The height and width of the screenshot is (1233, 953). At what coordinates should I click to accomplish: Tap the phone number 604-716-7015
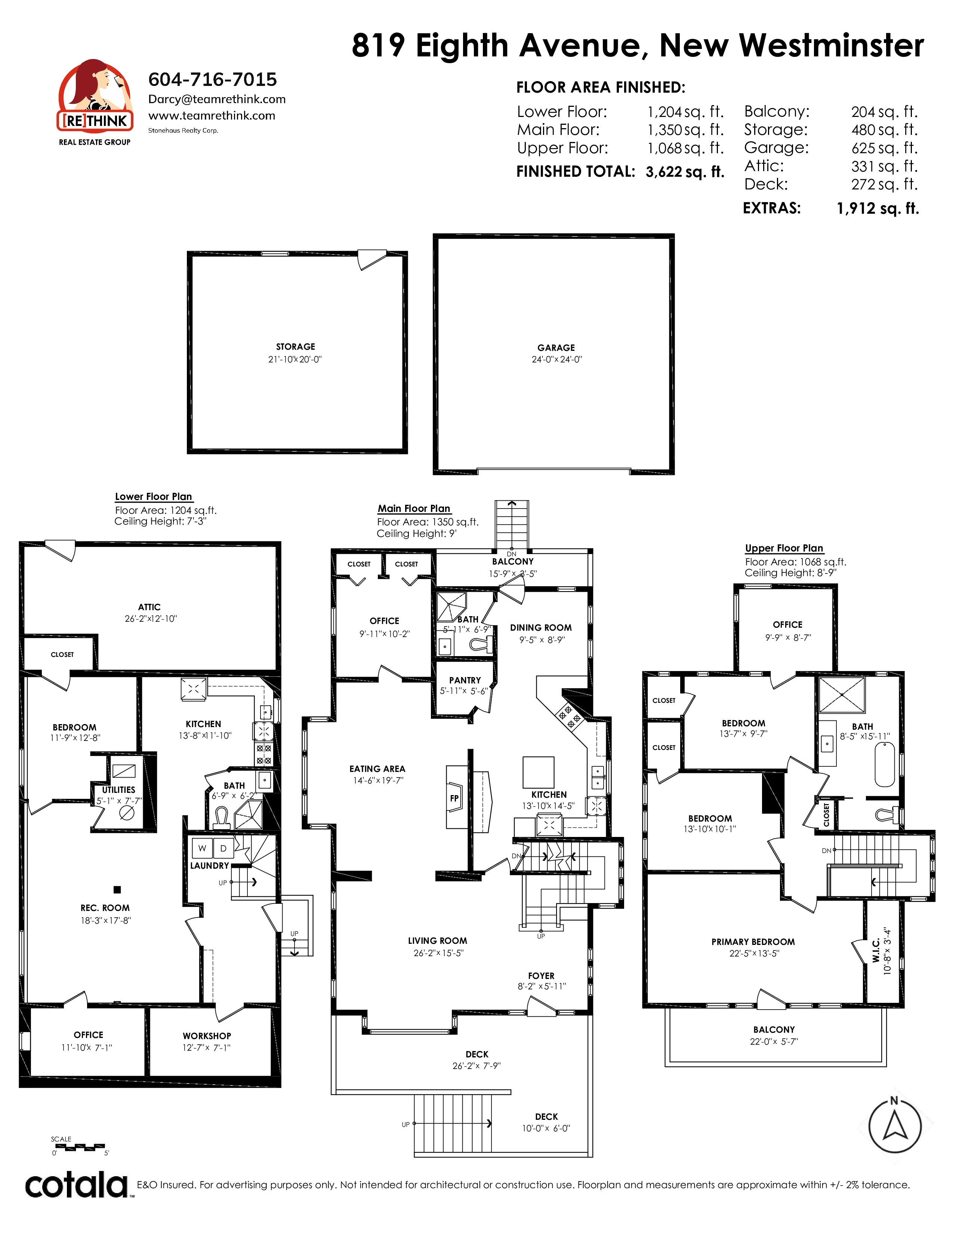point(212,79)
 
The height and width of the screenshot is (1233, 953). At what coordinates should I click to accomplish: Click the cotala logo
point(77,1186)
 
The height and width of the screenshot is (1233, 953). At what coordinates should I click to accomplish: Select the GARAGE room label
point(556,348)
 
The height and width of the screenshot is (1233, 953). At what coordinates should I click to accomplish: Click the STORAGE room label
point(295,347)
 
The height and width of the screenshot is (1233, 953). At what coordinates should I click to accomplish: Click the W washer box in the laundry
point(202,848)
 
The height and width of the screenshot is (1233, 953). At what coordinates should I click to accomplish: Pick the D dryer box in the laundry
point(223,848)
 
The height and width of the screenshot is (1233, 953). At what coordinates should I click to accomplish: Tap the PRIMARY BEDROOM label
point(753,942)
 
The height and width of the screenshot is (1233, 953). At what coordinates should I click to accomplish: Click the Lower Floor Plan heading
point(154,497)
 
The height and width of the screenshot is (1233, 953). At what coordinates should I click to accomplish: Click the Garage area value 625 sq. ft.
point(884,148)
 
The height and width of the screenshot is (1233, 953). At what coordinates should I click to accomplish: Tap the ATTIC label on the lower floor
point(149,607)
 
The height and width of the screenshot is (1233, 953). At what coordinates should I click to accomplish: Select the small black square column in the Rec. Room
point(117,890)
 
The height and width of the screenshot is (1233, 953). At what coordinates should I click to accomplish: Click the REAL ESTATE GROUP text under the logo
point(95,142)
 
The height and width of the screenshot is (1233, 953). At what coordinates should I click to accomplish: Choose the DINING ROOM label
point(541,628)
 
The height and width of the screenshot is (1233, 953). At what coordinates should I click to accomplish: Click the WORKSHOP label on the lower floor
point(207,1036)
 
